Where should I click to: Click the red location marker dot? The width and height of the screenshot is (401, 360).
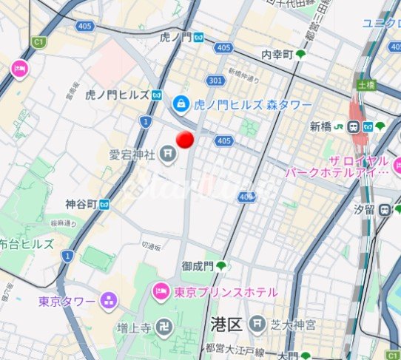tap(185, 139)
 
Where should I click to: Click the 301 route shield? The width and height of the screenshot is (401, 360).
tap(215, 80)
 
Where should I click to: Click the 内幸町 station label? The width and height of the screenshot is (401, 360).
tap(277, 55)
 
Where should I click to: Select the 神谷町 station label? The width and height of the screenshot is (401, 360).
tap(81, 203)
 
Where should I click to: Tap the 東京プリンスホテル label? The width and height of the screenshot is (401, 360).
tap(226, 293)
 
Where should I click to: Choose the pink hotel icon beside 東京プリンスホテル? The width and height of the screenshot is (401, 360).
tap(161, 293)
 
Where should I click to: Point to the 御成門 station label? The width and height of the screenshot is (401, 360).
tap(198, 265)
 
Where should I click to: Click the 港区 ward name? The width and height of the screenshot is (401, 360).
tap(226, 323)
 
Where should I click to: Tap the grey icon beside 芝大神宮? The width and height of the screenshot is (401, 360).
tap(256, 323)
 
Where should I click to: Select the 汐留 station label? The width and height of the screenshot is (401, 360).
tap(364, 210)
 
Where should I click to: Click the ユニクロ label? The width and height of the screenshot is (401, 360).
tap(381, 23)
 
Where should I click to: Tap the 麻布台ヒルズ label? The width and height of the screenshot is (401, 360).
tap(27, 242)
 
